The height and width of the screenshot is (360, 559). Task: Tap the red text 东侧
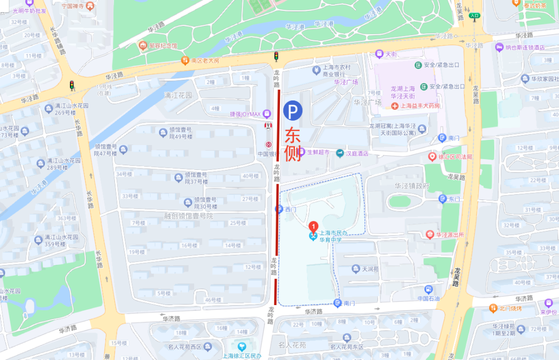tap(293, 145)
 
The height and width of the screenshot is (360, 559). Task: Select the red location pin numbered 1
tap(313, 226)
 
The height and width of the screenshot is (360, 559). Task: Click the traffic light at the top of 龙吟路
tap(276, 56)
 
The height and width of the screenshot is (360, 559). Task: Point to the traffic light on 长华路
tap(71, 85)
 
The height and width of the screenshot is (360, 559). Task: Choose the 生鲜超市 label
tap(318, 152)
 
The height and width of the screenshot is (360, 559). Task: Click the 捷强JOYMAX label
tap(246, 113)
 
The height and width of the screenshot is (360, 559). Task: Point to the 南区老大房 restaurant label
tap(204, 61)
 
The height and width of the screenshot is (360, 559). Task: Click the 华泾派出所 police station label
tap(449, 235)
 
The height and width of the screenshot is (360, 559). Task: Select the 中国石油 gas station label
tap(428, 299)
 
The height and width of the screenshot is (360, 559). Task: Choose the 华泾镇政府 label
tap(412, 186)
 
